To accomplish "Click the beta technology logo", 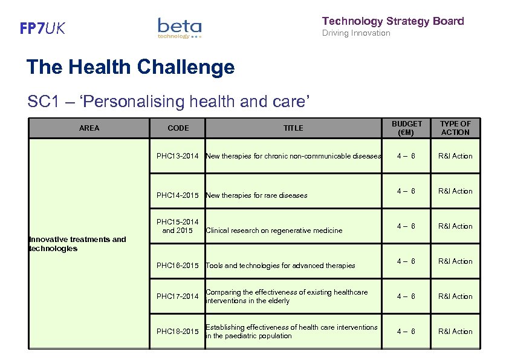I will pos(179,28).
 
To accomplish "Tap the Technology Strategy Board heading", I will pos(393,21).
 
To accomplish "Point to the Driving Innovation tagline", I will pos(356,33).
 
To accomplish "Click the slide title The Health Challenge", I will pos(130,67).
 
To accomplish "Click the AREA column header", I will pos(89,128).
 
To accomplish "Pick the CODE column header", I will pos(178,128).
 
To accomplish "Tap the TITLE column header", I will pos(293,128).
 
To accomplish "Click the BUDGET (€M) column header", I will pos(407,128).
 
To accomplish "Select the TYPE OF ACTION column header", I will pos(455,128).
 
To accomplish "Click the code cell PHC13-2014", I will pos(178,156).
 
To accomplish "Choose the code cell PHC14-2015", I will pos(178,195).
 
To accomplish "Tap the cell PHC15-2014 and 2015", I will pos(178,226).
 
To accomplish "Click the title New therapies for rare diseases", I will pos(256,195).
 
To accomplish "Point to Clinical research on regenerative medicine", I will pos(274,231).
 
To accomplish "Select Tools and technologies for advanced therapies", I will pos(280,266).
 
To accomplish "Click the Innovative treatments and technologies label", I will pos(77,244).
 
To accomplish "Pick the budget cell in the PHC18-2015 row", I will pos(406,332).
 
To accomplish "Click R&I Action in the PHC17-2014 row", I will pos(455,296).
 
